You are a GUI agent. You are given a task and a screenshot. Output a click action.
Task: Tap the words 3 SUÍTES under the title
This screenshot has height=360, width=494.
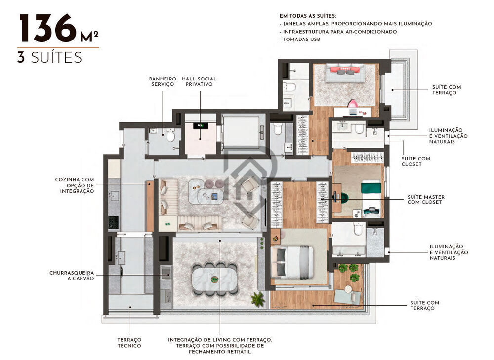point(49,57)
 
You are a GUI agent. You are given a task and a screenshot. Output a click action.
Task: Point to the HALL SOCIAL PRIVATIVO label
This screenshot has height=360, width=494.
point(199,81)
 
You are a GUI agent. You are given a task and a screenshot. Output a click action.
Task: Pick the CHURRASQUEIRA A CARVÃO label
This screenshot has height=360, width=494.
point(72,275)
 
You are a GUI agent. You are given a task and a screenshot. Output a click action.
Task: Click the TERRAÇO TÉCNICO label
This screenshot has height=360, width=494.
point(129,342)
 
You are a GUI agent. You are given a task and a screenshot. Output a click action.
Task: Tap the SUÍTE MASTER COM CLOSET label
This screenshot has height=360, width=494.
point(426,200)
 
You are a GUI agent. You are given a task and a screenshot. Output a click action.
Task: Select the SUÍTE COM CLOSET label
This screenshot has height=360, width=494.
point(416,161)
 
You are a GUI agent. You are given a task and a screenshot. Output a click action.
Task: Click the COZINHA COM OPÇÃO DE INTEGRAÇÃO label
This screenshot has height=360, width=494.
point(75,185)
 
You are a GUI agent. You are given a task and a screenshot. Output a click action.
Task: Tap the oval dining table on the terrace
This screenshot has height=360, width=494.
point(215,278)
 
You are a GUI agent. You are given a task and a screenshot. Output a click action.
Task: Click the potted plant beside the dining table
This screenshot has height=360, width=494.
point(257,298)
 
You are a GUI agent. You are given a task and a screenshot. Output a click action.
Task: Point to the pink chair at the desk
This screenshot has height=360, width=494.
point(353,104)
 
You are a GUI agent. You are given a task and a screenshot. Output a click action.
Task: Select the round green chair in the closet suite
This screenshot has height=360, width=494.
point(343,198)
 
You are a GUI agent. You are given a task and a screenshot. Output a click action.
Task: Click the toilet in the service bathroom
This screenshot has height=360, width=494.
point(170,135)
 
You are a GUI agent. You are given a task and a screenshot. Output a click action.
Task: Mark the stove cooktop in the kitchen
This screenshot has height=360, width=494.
point(113,223)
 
